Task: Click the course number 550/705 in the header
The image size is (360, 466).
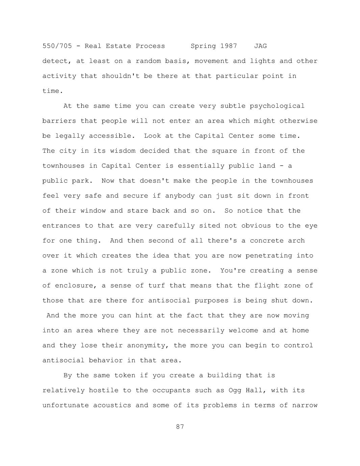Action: coord(57,46)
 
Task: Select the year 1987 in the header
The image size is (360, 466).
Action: coord(229,46)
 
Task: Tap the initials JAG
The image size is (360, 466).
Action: coord(260,46)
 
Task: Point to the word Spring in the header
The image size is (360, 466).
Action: coord(203,46)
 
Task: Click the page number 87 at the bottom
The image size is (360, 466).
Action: coord(180,427)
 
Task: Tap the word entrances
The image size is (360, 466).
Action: coord(61,226)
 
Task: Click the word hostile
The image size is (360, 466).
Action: coord(104,390)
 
